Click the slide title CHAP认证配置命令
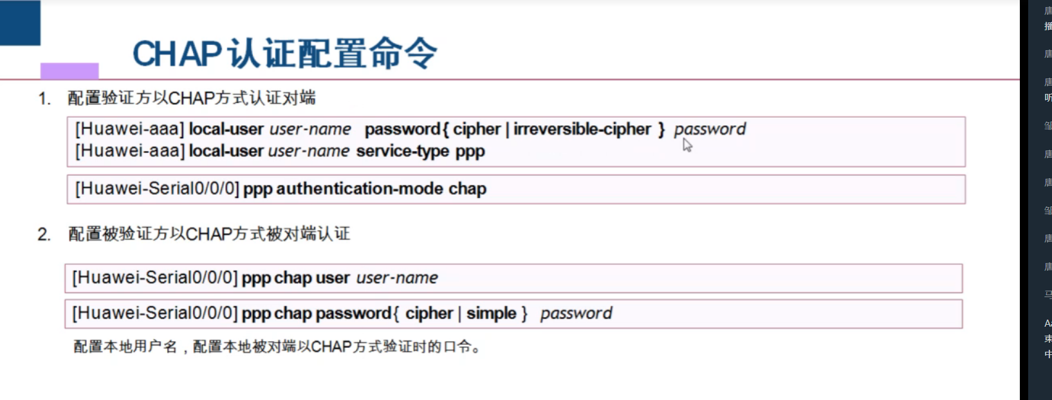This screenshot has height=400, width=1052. pyautogui.click(x=284, y=53)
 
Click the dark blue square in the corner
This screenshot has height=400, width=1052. pyautogui.click(x=20, y=23)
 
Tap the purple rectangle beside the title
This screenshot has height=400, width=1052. pyautogui.click(x=69, y=70)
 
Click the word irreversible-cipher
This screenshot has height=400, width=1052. pyautogui.click(x=582, y=129)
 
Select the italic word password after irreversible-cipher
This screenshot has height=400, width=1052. pyautogui.click(x=710, y=129)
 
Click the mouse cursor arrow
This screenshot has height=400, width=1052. pyautogui.click(x=687, y=145)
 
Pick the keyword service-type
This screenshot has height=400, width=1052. pyautogui.click(x=402, y=151)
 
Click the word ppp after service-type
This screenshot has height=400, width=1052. pyautogui.click(x=470, y=152)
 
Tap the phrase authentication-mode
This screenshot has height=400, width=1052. pyautogui.click(x=360, y=189)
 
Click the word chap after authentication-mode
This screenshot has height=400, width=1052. pyautogui.click(x=467, y=189)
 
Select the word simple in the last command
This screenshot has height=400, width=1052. pyautogui.click(x=491, y=313)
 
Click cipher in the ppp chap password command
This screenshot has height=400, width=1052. pyautogui.click(x=429, y=313)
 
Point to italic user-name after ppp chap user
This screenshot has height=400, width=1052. pyautogui.click(x=397, y=278)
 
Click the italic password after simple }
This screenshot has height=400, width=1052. pyautogui.click(x=576, y=313)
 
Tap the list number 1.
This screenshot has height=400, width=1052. pyautogui.click(x=44, y=98)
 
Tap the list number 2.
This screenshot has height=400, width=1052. pyautogui.click(x=44, y=235)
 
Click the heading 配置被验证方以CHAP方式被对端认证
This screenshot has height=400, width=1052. pyautogui.click(x=209, y=234)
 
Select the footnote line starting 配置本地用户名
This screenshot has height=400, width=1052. pyautogui.click(x=277, y=347)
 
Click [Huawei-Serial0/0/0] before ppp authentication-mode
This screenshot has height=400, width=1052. pyautogui.click(x=157, y=189)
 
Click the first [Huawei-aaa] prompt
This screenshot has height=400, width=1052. pyautogui.click(x=130, y=129)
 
